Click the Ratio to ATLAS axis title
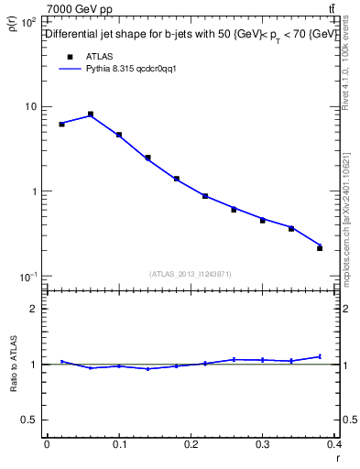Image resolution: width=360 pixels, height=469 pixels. point(12,365)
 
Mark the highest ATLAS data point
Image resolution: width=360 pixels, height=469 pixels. point(91,115)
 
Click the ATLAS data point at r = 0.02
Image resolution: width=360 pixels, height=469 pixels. point(61,124)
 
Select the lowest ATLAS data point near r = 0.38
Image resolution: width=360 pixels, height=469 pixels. point(320,248)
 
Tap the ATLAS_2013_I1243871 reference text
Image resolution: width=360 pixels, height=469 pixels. point(191,274)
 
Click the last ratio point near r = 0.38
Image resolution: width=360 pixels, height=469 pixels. point(320,356)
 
